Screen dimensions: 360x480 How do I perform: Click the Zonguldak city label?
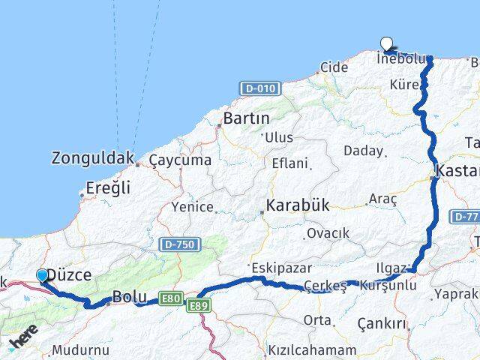coord(93,158)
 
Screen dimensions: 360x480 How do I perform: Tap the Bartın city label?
coord(247,118)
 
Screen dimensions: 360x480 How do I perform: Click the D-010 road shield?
coord(260,88)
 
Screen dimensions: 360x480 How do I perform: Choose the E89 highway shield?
coord(199,305)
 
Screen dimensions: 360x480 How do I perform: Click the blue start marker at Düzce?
coord(42,276)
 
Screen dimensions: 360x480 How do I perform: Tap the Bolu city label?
coord(129,296)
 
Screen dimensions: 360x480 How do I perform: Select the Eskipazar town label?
coord(274,268)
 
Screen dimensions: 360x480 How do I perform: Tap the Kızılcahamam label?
coord(312,350)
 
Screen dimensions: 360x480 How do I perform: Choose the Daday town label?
coord(363,151)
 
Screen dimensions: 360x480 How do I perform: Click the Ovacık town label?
coord(328,233)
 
